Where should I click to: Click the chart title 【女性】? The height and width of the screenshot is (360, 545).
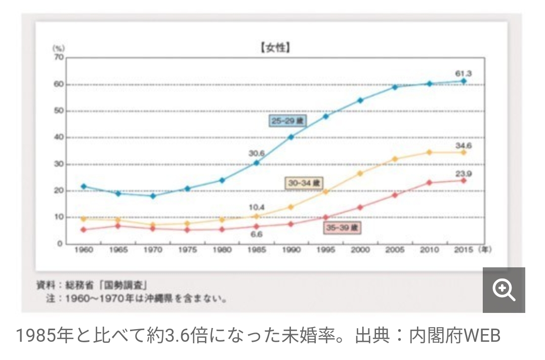(x=275, y=49)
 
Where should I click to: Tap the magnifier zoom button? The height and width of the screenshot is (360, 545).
(x=504, y=290)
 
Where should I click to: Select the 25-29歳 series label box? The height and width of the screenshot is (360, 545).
(x=288, y=121)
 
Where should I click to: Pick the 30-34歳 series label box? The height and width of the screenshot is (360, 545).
(x=303, y=183)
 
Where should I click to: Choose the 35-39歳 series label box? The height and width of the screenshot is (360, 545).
(x=342, y=228)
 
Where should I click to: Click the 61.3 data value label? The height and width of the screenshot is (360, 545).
(x=463, y=73)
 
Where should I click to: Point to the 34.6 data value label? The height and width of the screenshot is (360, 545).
(x=463, y=146)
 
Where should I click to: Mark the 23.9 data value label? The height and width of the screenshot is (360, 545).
(x=463, y=174)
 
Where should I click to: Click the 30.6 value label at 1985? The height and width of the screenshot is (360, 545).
(x=257, y=153)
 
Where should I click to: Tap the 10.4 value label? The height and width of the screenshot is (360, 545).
(x=257, y=208)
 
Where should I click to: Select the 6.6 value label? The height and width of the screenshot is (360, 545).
(x=257, y=234)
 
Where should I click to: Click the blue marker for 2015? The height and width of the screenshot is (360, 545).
(x=463, y=81)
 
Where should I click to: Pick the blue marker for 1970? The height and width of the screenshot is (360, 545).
(x=152, y=196)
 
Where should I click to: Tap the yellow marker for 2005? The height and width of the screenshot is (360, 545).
(x=395, y=159)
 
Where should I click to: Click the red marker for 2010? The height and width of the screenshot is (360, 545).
(x=429, y=183)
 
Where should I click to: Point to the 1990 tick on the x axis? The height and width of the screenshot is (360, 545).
(x=291, y=250)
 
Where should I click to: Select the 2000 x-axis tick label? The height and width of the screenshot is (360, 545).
(x=360, y=250)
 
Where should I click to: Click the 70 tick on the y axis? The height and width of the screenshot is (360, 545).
(x=59, y=57)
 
